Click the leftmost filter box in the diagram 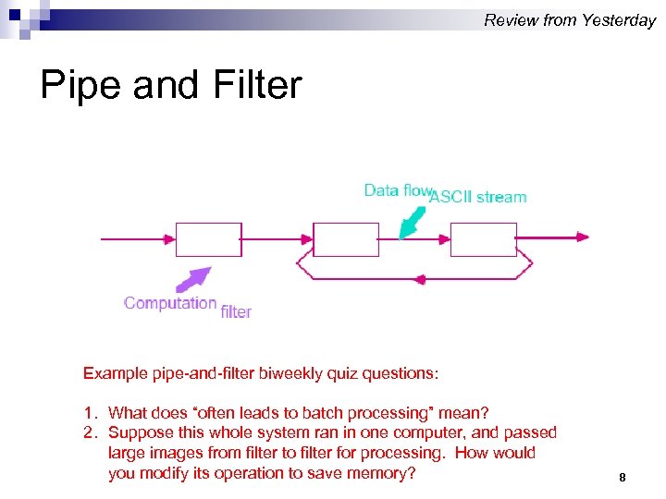[208, 239]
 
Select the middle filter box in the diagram [346, 239]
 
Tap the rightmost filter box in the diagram [484, 239]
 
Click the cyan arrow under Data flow [412, 223]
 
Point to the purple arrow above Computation [194, 279]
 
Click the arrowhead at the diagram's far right [582, 237]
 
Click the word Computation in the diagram [170, 303]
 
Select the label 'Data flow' [398, 190]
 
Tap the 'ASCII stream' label [479, 197]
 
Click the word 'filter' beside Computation [236, 312]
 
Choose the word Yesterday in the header [619, 20]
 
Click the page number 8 [623, 478]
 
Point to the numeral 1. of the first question [90, 412]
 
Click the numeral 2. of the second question [90, 432]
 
